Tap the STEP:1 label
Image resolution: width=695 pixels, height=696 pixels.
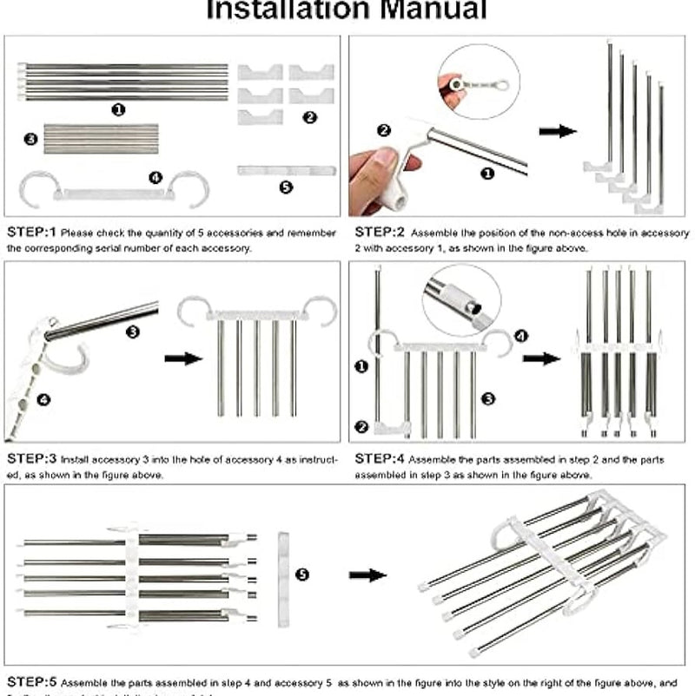click(x=32, y=233)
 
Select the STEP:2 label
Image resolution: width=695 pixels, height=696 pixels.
click(x=380, y=233)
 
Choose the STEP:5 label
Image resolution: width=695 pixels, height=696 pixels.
click(x=32, y=682)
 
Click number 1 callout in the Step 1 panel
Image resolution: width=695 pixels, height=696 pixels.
click(x=119, y=109)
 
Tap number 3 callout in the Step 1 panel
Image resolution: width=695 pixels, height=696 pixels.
click(x=31, y=138)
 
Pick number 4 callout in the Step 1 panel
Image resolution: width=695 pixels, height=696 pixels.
click(x=156, y=177)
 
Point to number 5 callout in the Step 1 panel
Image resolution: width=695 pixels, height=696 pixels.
click(x=286, y=187)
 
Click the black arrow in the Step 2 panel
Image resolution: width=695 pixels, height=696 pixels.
click(x=557, y=131)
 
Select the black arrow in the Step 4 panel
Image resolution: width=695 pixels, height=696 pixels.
click(x=540, y=358)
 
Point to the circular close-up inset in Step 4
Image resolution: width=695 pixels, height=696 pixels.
click(x=460, y=299)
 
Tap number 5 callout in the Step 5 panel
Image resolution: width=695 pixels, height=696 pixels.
click(x=301, y=575)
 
